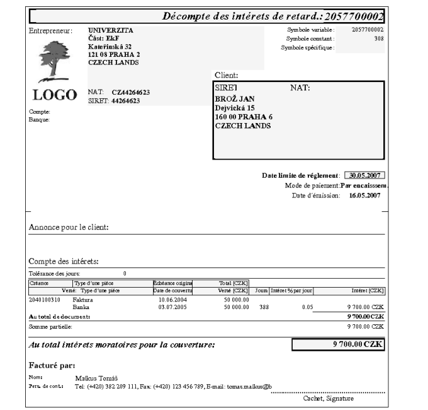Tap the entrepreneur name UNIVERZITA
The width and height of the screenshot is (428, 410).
point(106,30)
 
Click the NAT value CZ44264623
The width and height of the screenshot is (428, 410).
point(132,92)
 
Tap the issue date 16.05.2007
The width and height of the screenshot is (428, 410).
point(365,196)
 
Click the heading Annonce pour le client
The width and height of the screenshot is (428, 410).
point(69,228)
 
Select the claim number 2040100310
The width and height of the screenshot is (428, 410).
point(45,300)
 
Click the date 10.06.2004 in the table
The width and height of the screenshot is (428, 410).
point(171,300)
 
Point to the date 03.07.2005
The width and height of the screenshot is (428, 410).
point(171,307)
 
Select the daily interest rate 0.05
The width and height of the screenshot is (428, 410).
point(307,307)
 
